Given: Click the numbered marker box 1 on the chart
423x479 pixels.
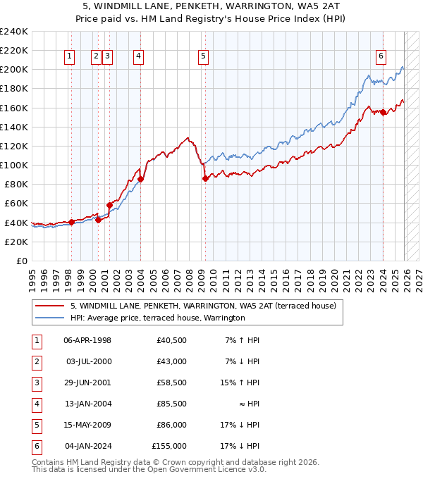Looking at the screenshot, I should point(70,57).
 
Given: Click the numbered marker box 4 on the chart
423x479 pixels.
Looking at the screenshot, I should point(139,57).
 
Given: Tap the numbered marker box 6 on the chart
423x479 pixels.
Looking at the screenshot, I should point(381,57).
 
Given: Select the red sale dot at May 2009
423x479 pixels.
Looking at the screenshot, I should point(205,179).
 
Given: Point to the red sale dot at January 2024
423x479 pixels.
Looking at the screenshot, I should point(383,112).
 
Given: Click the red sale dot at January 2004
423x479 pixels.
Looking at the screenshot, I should point(140,179).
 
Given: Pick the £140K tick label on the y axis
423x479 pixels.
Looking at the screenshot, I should point(14,127).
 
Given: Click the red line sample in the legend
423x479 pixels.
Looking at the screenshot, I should point(49,306).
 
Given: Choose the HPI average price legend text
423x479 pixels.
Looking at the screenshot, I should point(157,318).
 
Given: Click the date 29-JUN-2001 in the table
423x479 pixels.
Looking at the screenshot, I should point(87,382).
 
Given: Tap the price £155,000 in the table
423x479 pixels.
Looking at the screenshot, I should point(169,446).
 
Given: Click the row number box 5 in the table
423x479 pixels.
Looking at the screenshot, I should point(35,425).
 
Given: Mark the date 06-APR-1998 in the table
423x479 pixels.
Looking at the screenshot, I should point(87,340).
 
